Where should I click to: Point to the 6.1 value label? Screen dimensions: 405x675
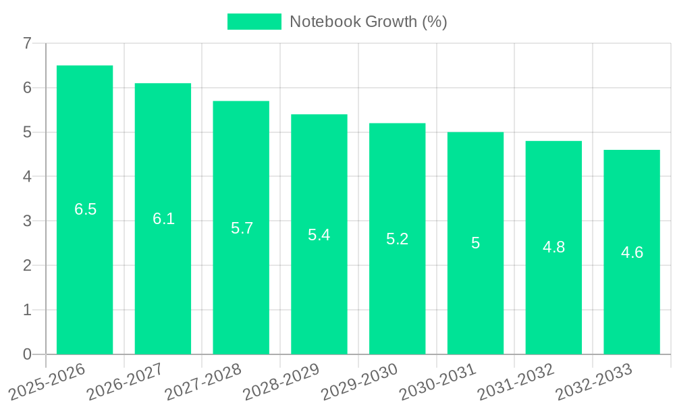tap(163, 219)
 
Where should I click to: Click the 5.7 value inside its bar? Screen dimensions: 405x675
tap(242, 228)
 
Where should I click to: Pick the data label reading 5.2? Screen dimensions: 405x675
tap(397, 239)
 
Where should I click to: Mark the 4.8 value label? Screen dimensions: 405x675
tap(553, 247)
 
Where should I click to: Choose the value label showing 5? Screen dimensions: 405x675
tap(475, 243)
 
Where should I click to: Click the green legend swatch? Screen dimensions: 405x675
tap(254, 22)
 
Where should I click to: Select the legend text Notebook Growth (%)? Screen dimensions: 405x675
tap(369, 22)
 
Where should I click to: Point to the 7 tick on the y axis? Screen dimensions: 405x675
tap(27, 43)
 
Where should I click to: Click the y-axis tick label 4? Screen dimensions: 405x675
tap(27, 176)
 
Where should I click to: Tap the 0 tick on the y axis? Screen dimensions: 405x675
tap(27, 354)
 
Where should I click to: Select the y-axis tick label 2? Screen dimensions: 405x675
tap(27, 265)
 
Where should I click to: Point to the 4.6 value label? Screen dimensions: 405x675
tap(632, 252)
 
